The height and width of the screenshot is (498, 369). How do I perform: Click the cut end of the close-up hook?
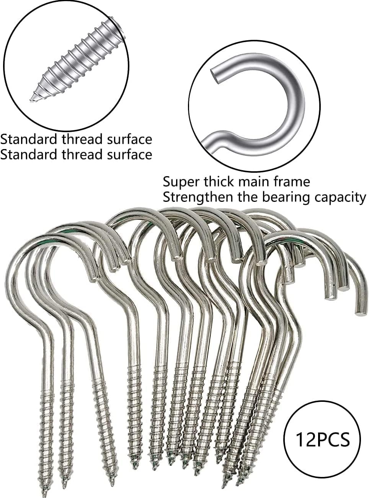(214, 76)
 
